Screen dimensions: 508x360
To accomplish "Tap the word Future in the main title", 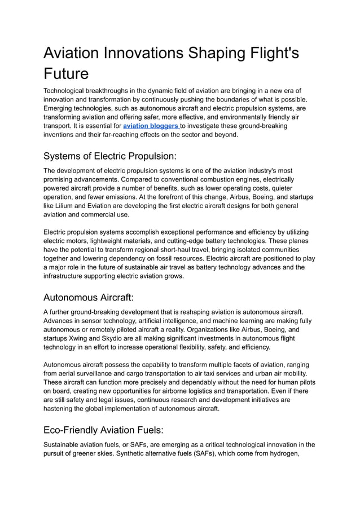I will (66, 74).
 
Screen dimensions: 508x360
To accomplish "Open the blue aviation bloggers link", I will (150, 126).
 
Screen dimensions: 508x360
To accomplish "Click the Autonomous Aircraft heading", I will (89, 297).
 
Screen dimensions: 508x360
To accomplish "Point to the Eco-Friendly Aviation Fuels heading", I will (103, 430).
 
